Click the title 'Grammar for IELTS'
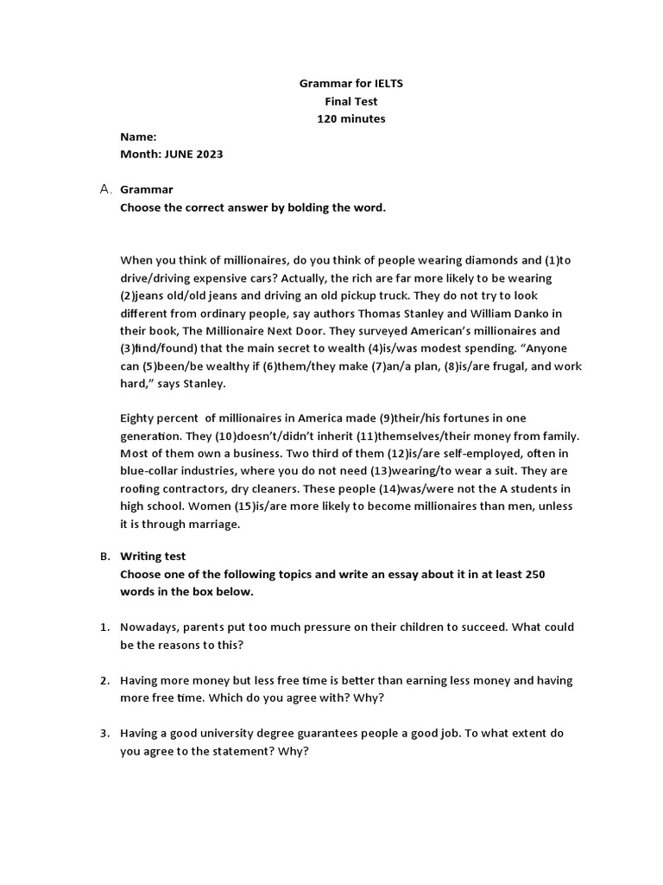[x=350, y=84]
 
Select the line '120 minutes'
[x=350, y=118]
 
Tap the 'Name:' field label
[x=138, y=137]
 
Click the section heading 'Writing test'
[x=153, y=557]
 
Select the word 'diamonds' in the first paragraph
[x=492, y=259]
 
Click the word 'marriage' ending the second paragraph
[x=207, y=524]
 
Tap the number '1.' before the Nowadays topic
[x=104, y=627]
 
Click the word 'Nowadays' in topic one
[x=148, y=627]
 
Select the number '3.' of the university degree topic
[x=104, y=733]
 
